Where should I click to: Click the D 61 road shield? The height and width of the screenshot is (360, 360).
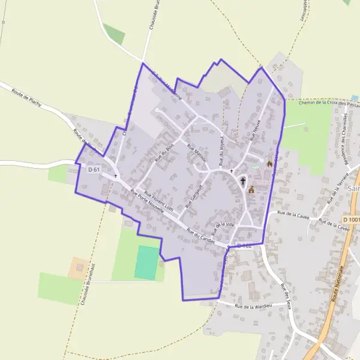click(93, 170)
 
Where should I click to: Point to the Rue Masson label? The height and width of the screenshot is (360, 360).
click(197, 154)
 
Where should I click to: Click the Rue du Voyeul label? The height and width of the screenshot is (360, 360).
click(222, 151)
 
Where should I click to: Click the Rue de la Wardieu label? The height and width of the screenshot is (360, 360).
click(252, 307)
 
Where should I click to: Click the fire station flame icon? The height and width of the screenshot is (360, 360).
click(269, 163)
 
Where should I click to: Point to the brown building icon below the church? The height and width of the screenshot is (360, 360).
click(251, 190)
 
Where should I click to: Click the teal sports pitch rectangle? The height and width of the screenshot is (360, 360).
click(146, 262)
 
